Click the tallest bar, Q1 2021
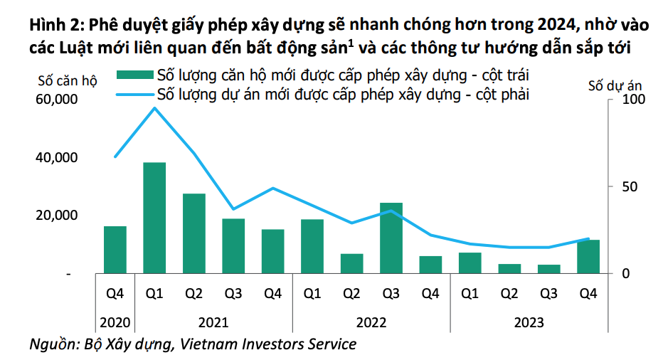[x=154, y=218]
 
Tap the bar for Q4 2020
[x=115, y=250]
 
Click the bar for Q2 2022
[x=351, y=263]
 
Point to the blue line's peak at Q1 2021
[x=154, y=107]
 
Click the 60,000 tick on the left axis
[x=55, y=100]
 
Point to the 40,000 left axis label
[x=55, y=157]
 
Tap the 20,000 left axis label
[x=55, y=216]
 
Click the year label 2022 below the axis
[x=371, y=322]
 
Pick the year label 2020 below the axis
[x=115, y=322]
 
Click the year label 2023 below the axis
[x=529, y=322]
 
